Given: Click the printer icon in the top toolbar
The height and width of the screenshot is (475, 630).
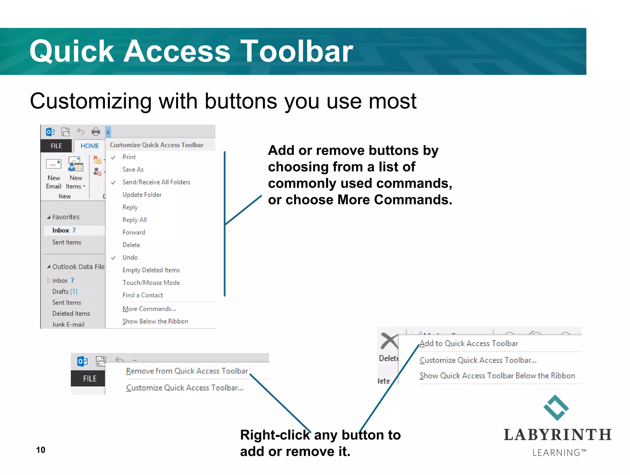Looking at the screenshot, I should click(x=96, y=132).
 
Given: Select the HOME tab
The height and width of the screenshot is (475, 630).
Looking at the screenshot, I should click(x=90, y=146).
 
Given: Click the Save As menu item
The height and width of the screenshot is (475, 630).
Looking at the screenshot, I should click(x=133, y=170).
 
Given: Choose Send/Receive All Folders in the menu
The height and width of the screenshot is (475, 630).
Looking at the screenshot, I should click(x=156, y=182).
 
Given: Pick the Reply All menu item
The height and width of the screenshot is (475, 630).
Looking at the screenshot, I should click(x=134, y=220).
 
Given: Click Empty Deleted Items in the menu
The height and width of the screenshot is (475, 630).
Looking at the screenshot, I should click(x=151, y=270).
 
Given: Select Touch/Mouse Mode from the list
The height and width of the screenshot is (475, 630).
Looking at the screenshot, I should click(x=151, y=283).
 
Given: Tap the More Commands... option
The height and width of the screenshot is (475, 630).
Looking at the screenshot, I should click(x=149, y=309).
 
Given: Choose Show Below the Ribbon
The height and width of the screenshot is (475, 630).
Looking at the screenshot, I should click(x=155, y=321).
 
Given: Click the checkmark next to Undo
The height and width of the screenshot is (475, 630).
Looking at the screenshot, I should click(x=113, y=258).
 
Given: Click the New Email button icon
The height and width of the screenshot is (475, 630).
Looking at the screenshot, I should click(x=54, y=164).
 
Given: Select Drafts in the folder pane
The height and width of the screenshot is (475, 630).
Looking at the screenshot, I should click(x=61, y=292).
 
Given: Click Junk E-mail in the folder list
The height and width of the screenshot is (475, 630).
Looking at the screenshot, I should click(x=68, y=324).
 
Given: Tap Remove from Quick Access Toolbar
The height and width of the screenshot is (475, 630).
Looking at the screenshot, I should click(x=187, y=371).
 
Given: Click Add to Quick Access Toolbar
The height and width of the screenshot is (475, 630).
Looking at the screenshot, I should click(x=469, y=343).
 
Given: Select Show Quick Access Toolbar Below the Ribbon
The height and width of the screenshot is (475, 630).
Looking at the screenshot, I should click(x=497, y=376).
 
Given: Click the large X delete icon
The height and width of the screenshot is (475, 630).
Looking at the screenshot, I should click(x=389, y=341).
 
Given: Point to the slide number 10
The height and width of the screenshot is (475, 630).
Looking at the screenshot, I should click(x=41, y=450).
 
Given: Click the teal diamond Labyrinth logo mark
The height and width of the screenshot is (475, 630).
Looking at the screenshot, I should click(x=556, y=408).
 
